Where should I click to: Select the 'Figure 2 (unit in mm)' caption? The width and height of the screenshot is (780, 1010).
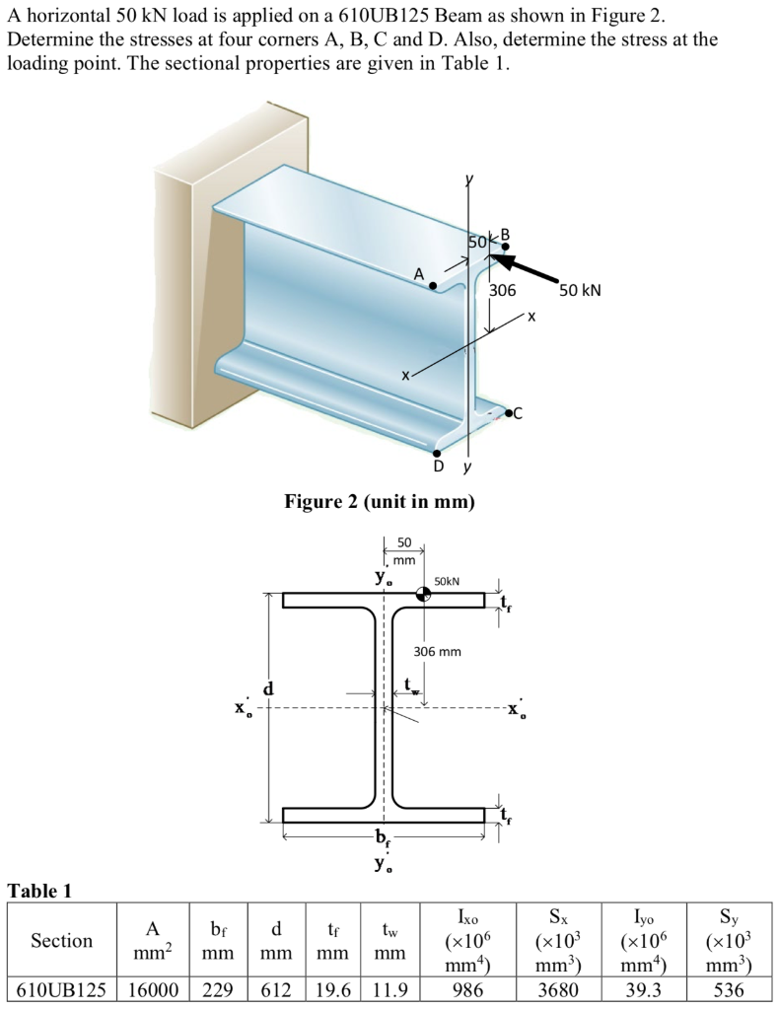click(x=380, y=502)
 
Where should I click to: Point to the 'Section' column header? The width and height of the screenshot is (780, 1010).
click(x=61, y=941)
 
